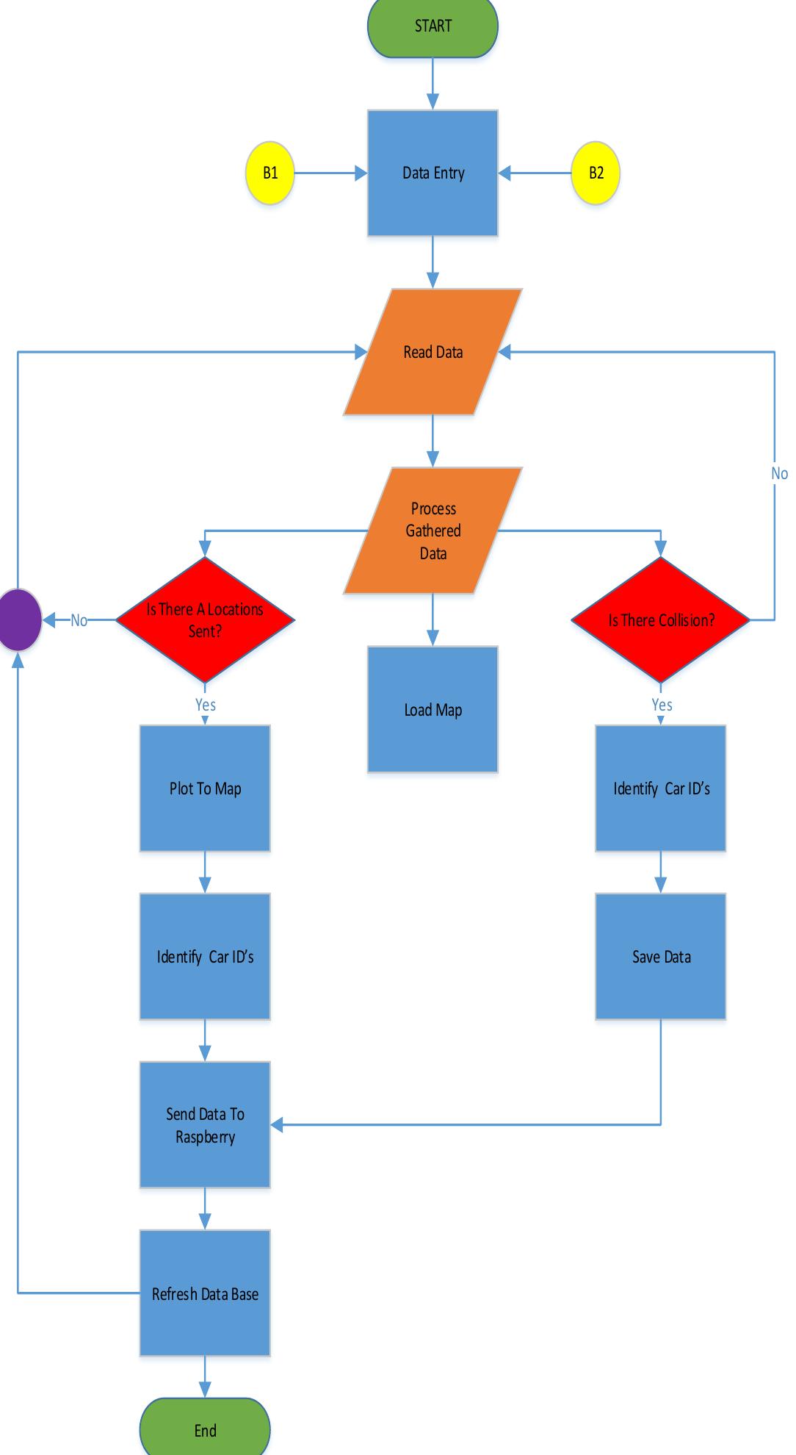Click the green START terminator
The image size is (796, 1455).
tap(433, 26)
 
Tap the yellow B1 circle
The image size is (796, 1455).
tap(270, 173)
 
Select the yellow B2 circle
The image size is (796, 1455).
tap(596, 173)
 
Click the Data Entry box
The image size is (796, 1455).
tap(433, 173)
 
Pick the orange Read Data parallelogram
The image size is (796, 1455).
tap(433, 352)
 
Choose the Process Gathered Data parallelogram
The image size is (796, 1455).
tap(433, 531)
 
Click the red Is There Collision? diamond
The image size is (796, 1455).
tap(661, 620)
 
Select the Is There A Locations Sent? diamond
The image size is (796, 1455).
tap(205, 620)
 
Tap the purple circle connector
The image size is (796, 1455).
tap(19, 620)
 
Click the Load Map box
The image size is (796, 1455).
tap(433, 710)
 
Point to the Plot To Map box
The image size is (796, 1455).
tap(205, 788)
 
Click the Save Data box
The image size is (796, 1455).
tap(661, 957)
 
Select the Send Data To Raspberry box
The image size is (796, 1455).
tap(205, 1125)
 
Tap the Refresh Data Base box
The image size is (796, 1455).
tap(205, 1293)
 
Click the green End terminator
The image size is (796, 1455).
tap(205, 1430)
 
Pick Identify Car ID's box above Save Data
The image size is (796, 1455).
tap(661, 788)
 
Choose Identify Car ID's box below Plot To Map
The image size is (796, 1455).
tap(205, 957)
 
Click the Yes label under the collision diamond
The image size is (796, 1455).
tap(662, 705)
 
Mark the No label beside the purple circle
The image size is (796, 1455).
tap(79, 621)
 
